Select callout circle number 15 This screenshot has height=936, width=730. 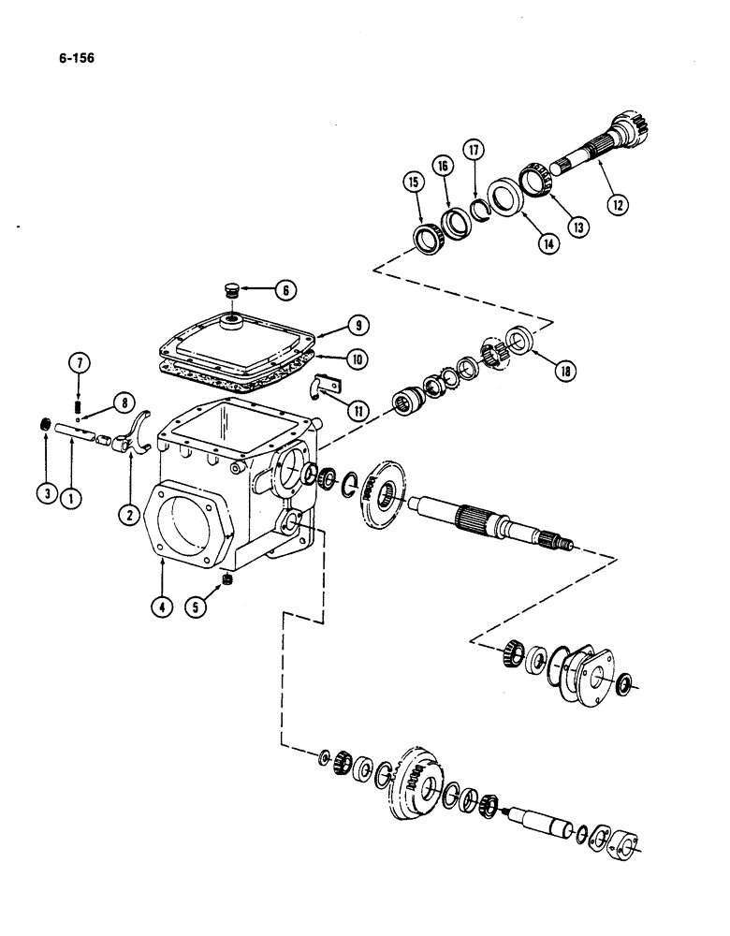click(412, 183)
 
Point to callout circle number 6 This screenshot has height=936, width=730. click(286, 289)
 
